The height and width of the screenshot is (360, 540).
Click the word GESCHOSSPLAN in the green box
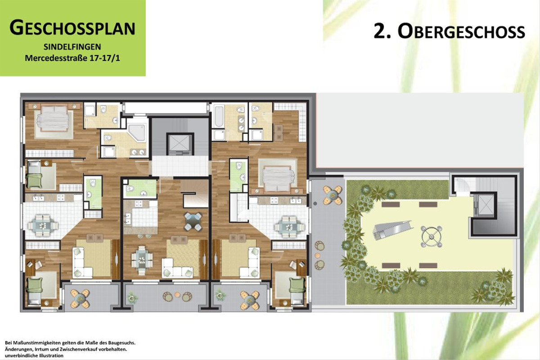tap(72, 28)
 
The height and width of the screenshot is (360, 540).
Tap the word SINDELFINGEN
tap(72, 47)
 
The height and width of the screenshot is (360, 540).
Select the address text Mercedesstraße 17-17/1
tap(72, 58)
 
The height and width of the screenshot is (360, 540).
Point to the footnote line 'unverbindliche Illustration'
tap(34, 355)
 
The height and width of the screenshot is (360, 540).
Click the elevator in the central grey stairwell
tap(180, 143)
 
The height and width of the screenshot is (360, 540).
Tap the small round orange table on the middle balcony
tap(177, 295)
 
